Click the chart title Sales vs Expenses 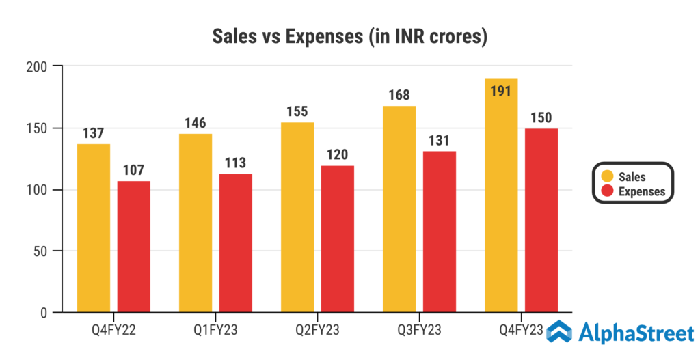tap(350, 36)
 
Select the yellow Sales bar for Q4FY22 tap(94, 228)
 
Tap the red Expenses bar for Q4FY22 tap(134, 247)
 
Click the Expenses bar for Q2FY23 tap(338, 239)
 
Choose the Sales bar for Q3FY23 tap(399, 209)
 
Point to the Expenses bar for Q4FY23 tap(541, 221)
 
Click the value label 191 tap(500, 90)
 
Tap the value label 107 tap(133, 169)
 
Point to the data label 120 tap(338, 154)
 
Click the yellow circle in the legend tap(606, 177)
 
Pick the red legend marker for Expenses tap(606, 191)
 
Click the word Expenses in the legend tap(641, 191)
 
